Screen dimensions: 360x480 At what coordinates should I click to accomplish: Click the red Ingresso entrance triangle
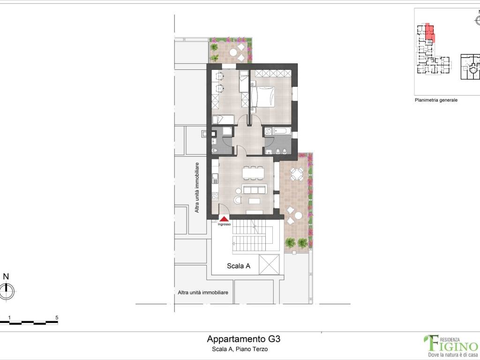click(225, 218)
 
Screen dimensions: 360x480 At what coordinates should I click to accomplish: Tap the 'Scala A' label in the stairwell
click(239, 266)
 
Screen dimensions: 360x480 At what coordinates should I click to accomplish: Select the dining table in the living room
click(253, 173)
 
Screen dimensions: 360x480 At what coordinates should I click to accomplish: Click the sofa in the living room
click(255, 189)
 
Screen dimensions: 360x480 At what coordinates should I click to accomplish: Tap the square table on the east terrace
click(297, 174)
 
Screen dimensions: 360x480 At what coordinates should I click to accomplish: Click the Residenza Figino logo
click(450, 344)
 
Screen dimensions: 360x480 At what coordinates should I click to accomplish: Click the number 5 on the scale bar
click(57, 317)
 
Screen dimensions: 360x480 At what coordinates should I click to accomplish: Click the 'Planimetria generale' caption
click(436, 100)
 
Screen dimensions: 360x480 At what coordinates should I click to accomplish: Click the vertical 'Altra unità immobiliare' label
click(197, 187)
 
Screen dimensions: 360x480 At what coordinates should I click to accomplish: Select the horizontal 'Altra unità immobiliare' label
click(203, 292)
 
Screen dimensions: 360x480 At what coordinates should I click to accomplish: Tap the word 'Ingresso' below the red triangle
click(224, 225)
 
